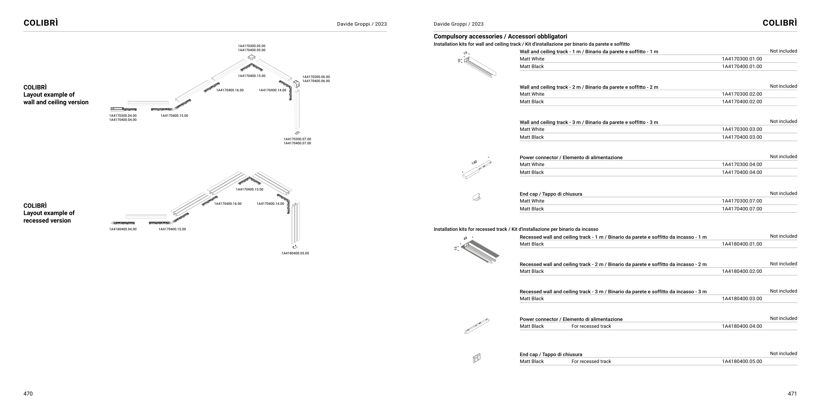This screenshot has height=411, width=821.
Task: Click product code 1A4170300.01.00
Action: (x=742, y=59)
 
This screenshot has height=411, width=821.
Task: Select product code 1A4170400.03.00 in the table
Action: (x=742, y=137)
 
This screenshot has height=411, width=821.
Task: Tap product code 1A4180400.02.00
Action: (x=742, y=271)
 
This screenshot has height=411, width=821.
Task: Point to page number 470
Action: (x=28, y=394)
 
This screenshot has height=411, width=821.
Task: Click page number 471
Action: (x=792, y=394)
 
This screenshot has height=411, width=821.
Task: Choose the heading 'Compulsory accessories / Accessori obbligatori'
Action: (x=500, y=36)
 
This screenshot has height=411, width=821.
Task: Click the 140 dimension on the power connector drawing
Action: (x=474, y=162)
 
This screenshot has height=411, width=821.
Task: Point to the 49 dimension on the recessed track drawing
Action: (x=465, y=238)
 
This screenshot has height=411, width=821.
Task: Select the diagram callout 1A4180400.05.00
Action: (x=295, y=253)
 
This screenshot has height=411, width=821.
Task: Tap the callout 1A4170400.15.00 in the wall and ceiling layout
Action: (x=174, y=116)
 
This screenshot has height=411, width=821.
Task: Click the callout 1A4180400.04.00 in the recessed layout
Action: (x=122, y=229)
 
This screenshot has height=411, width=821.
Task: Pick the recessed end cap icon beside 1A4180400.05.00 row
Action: (x=477, y=358)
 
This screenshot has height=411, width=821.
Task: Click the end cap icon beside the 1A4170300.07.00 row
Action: (x=477, y=197)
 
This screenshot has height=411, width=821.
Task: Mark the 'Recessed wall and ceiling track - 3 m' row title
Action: (x=613, y=292)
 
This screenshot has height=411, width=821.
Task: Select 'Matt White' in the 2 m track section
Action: (x=532, y=94)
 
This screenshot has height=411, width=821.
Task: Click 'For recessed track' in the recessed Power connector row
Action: (x=591, y=326)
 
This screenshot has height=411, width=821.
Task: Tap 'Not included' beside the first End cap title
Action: (x=783, y=193)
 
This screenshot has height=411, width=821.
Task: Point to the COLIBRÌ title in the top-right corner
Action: (x=780, y=23)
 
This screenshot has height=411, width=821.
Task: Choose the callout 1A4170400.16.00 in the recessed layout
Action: (x=228, y=204)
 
